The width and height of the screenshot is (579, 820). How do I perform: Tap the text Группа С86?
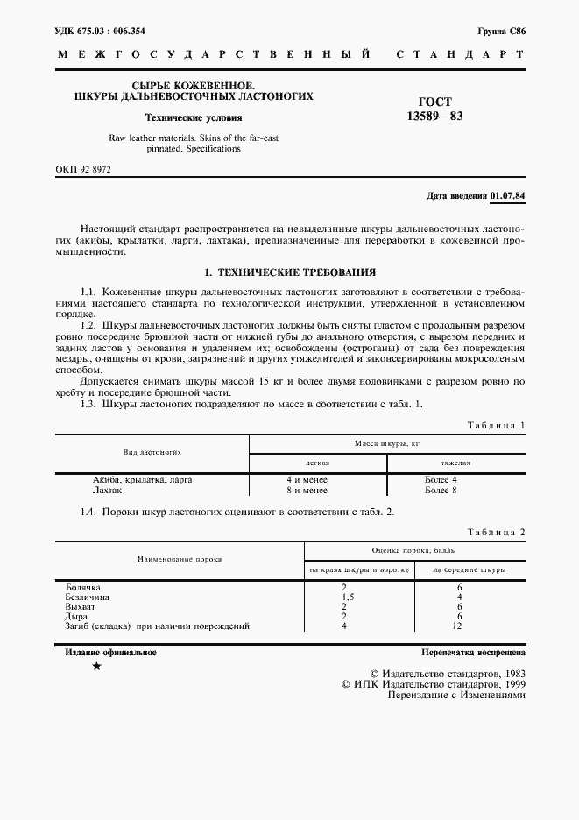click(x=501, y=31)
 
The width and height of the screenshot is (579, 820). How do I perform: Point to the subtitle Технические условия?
click(x=194, y=117)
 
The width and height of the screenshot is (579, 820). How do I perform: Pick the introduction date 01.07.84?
click(x=509, y=195)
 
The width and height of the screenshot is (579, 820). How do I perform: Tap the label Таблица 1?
click(x=496, y=425)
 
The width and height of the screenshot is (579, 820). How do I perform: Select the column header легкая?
click(x=317, y=462)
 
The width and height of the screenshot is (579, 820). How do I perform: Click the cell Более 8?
click(x=441, y=491)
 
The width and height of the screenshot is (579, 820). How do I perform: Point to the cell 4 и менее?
click(x=307, y=480)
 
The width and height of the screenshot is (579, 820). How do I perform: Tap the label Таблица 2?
click(x=496, y=533)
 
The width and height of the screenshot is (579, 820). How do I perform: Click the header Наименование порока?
click(x=180, y=559)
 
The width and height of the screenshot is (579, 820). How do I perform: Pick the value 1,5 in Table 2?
click(x=344, y=597)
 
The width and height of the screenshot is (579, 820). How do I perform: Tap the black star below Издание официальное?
click(x=96, y=668)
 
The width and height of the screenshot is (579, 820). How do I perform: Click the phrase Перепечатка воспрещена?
click(x=473, y=654)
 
